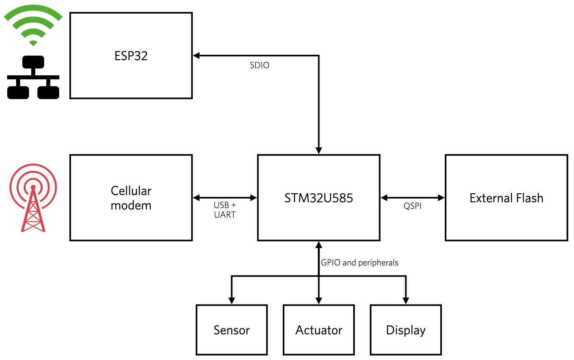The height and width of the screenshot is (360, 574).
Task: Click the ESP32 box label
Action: pyautogui.click(x=131, y=56)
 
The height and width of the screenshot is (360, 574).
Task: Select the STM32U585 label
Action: pyautogui.click(x=319, y=198)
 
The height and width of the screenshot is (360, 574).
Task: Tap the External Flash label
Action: pyautogui.click(x=506, y=198)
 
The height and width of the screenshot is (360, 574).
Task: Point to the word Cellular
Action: pyautogui.click(x=131, y=191)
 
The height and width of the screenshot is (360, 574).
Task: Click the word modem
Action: pyautogui.click(x=131, y=205)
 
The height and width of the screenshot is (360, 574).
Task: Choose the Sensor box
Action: pyautogui.click(x=232, y=330)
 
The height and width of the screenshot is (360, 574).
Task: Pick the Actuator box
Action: pyautogui.click(x=319, y=330)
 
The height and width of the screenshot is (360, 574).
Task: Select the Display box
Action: pyautogui.click(x=406, y=330)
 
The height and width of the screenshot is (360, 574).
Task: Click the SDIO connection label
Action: pyautogui.click(x=259, y=65)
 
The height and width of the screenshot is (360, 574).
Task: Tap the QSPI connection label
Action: pyautogui.click(x=412, y=206)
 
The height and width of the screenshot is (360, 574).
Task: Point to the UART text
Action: pyautogui.click(x=225, y=215)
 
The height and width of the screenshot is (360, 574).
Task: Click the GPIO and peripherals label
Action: pyautogui.click(x=360, y=263)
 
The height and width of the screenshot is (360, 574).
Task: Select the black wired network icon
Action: pyautogui.click(x=33, y=77)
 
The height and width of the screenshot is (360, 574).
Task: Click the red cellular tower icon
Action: pyautogui.click(x=33, y=198)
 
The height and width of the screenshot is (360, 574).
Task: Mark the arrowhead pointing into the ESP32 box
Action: pyautogui.click(x=196, y=56)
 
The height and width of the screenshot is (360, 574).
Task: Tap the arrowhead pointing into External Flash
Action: pyautogui.click(x=441, y=198)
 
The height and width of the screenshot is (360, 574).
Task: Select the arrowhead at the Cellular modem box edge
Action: pyautogui.click(x=196, y=198)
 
